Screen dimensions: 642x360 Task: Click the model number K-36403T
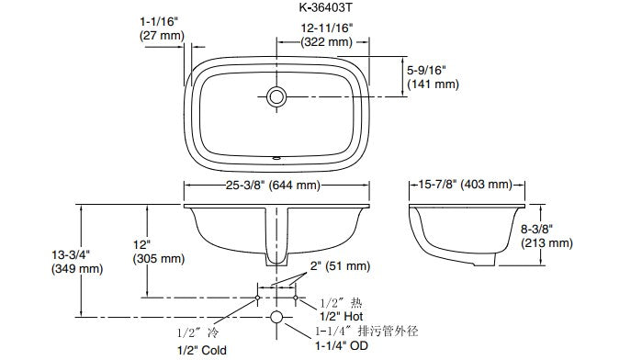(325, 7)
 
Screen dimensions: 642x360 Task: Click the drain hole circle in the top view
(276, 97)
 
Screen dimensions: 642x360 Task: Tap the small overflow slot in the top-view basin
(276, 157)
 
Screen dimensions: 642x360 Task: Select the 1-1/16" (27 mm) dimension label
(162, 28)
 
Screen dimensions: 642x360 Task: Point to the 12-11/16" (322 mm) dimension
(327, 35)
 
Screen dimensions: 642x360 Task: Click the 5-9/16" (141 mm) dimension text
(433, 77)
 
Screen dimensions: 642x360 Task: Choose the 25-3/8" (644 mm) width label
(273, 186)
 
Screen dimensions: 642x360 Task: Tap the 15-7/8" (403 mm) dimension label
(465, 185)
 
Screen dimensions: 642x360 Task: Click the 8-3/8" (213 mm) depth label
(546, 236)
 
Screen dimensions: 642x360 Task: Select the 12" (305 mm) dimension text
(159, 252)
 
